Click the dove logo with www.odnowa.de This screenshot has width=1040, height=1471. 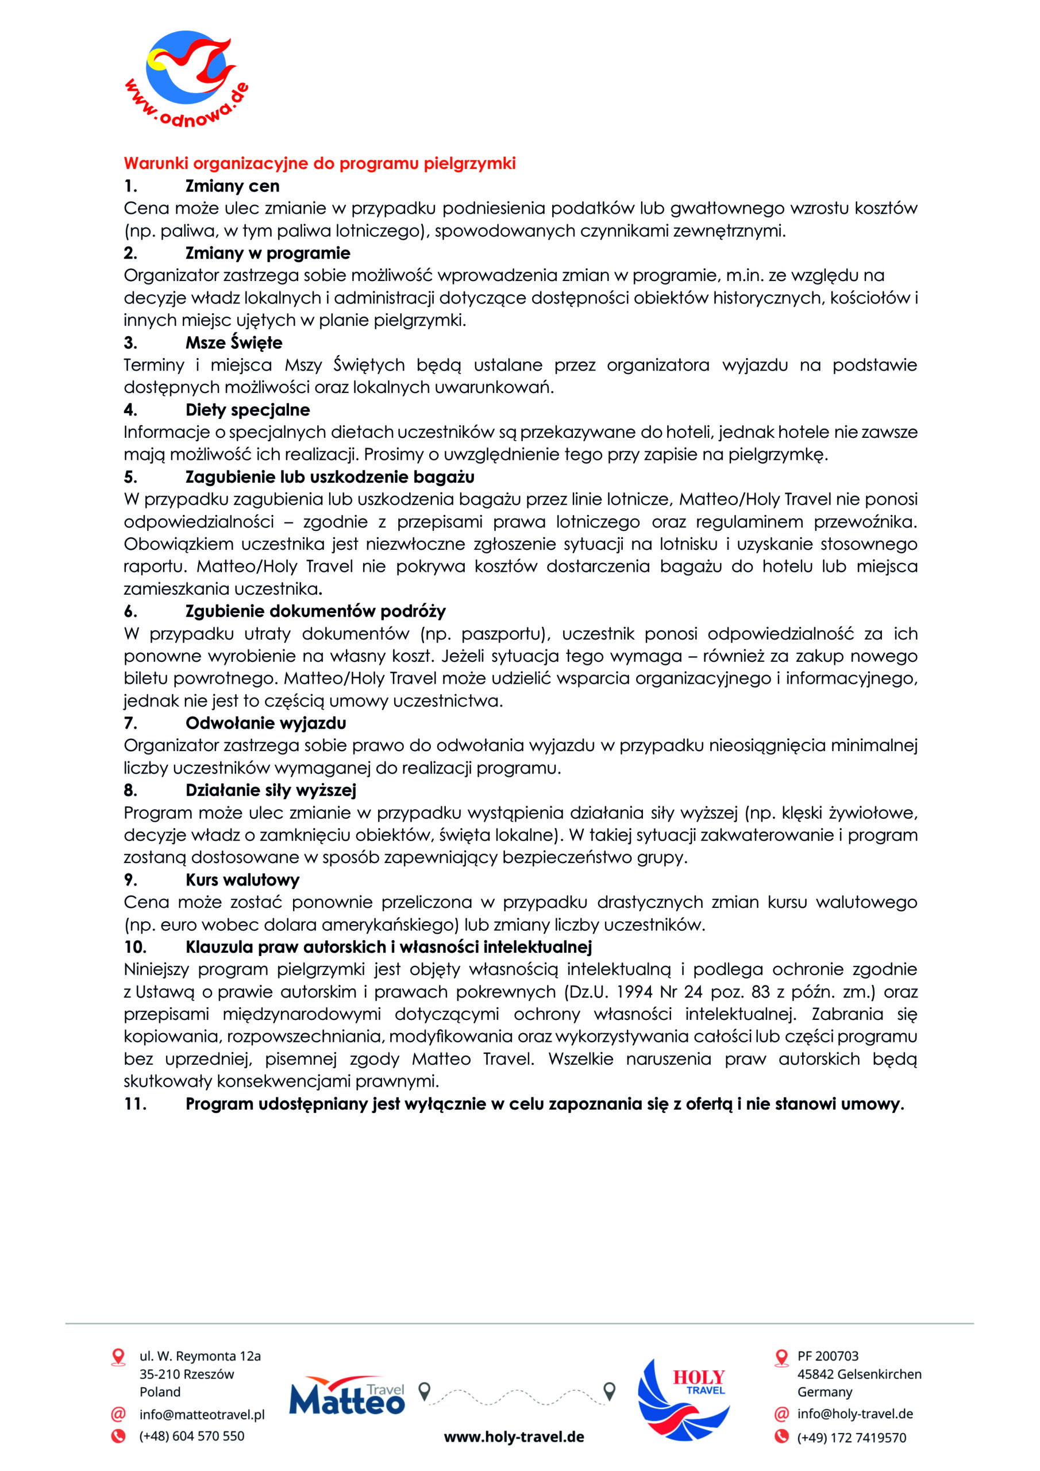tap(186, 77)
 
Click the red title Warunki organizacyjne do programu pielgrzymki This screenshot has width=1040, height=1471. tap(319, 163)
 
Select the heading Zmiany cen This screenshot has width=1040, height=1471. tap(232, 186)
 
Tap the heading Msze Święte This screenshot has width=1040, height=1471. tap(233, 343)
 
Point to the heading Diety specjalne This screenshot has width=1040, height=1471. tap(247, 410)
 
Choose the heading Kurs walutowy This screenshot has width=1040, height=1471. tap(242, 880)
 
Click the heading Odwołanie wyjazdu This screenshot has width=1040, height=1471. tap(265, 723)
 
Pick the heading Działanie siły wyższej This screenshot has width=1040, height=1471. tap(271, 791)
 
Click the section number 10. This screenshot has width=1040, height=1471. tap(135, 947)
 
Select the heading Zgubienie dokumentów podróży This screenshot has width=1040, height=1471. tap(315, 611)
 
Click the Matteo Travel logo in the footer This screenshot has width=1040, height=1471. tap(346, 1397)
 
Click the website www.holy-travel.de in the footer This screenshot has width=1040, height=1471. tap(514, 1437)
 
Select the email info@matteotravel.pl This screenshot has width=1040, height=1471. tap(202, 1415)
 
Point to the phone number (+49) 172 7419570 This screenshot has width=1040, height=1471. tap(851, 1438)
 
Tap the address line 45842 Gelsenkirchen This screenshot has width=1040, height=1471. tap(858, 1374)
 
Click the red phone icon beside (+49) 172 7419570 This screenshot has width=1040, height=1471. tap(781, 1437)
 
